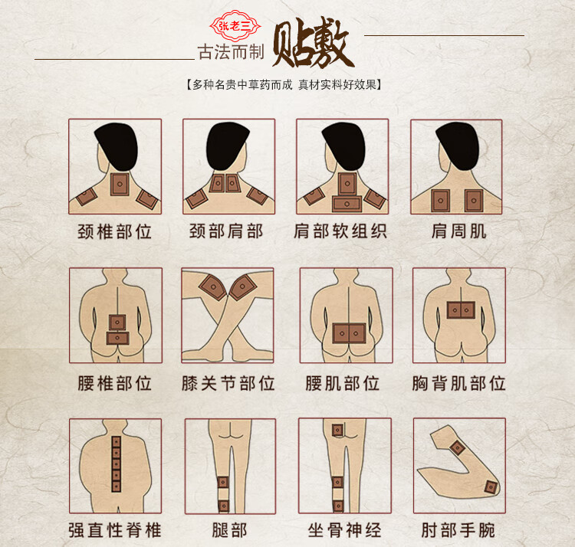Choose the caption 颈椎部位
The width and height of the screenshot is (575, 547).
click(x=114, y=231)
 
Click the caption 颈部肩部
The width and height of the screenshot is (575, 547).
click(x=228, y=231)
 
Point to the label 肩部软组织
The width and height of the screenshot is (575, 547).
click(x=341, y=231)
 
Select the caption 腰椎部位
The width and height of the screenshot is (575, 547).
click(x=114, y=382)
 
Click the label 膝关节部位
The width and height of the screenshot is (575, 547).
click(x=228, y=382)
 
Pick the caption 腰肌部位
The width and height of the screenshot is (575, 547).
click(x=342, y=382)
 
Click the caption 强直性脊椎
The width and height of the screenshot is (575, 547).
click(x=114, y=529)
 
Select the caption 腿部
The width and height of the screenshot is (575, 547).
click(x=228, y=529)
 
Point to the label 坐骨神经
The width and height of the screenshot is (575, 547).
click(x=343, y=529)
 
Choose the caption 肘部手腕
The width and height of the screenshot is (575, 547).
click(x=458, y=529)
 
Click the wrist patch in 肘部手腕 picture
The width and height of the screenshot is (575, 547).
click(x=491, y=487)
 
